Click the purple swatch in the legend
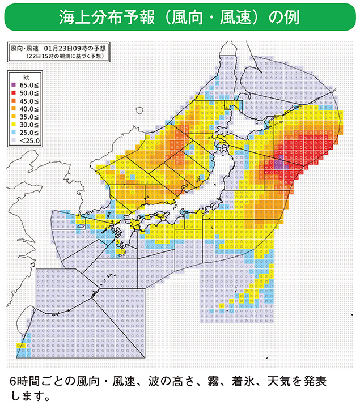[x=13, y=84]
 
